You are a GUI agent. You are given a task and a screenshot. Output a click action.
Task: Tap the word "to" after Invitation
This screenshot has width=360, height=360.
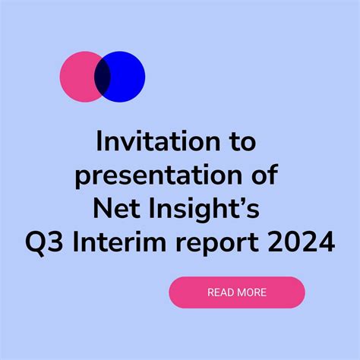(243, 142)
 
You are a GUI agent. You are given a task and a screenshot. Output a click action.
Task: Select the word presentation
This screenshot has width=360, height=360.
(159, 175)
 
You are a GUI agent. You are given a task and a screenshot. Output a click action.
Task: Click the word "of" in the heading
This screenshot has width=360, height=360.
(265, 175)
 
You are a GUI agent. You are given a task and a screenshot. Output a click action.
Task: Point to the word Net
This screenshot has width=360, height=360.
(116, 209)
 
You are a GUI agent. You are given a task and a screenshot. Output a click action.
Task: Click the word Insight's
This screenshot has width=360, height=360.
(204, 210)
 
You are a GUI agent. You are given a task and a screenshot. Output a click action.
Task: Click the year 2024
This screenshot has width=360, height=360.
(302, 242)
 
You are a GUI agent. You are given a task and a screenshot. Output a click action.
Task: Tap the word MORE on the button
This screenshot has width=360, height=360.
(251, 292)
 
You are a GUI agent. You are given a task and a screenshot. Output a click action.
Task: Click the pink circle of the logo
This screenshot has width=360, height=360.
(77, 77)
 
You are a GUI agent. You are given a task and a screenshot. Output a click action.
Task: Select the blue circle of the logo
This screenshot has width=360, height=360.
(128, 77)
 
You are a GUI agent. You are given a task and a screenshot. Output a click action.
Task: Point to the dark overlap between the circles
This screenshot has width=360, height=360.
(103, 77)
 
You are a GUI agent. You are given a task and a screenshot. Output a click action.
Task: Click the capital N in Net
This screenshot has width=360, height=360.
(103, 209)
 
